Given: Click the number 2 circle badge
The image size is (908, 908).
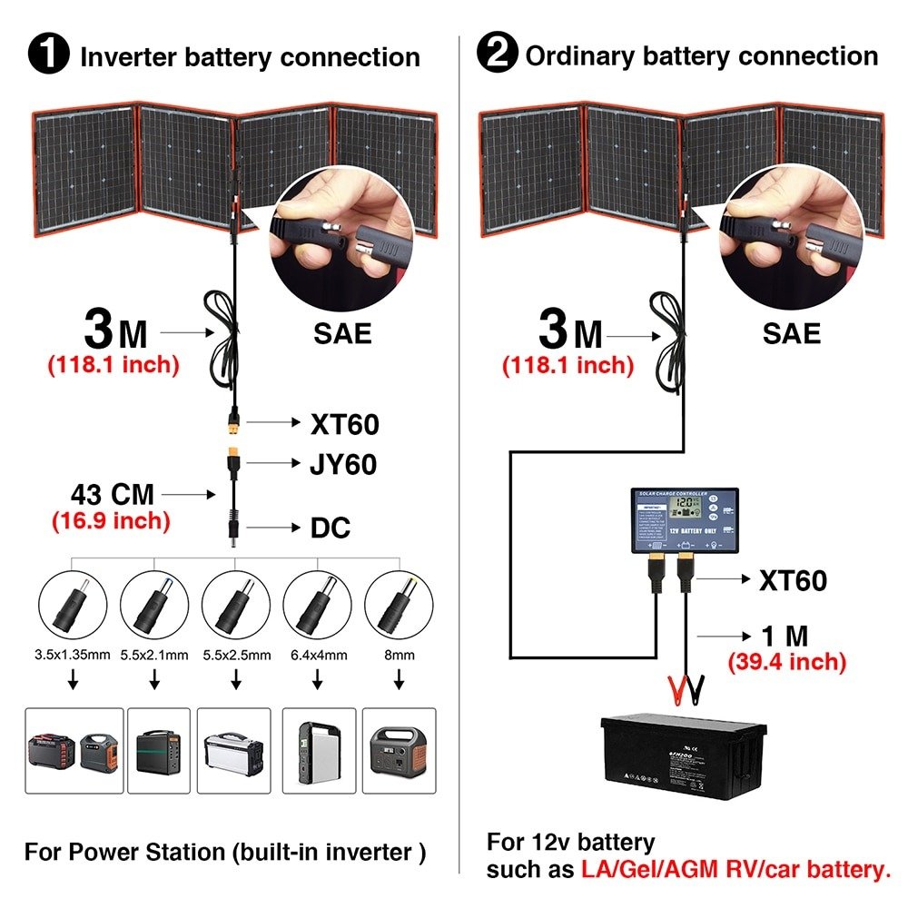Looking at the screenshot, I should tap(497, 56).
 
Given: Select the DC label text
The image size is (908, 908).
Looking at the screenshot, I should tap(331, 528).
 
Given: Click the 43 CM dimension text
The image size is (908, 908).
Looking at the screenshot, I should tap(113, 495).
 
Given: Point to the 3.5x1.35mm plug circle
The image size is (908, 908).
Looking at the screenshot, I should tap(72, 605).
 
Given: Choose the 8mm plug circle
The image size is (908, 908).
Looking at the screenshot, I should tap(397, 605).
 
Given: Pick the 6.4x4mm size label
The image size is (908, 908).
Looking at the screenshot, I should tap(316, 654).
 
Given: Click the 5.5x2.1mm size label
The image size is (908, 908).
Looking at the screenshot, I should tap(154, 654).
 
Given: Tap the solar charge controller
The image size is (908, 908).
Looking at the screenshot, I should tap(685, 521).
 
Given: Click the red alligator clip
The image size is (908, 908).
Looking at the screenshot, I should tap(676, 692).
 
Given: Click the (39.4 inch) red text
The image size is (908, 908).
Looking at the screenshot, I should tap(786, 662).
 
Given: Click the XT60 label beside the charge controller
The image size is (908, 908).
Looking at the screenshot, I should tap(793, 580).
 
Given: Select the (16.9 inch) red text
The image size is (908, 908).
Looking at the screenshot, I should tap(110, 521).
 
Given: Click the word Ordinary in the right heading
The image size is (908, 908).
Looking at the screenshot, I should tap(587, 56).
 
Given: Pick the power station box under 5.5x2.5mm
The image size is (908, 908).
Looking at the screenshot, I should tap(235, 750).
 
